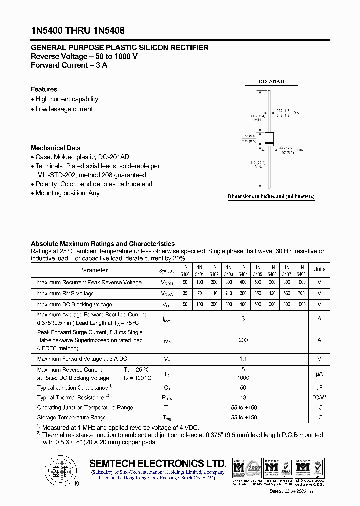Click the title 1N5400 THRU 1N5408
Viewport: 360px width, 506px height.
74,29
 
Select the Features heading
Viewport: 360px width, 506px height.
44,89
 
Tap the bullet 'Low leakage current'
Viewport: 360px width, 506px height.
64,109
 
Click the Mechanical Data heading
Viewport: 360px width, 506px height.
55,148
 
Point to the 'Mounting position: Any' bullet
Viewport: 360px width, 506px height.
67,193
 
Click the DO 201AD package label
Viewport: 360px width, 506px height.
271,81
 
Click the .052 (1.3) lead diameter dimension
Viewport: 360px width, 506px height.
284,111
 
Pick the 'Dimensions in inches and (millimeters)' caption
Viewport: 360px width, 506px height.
271,197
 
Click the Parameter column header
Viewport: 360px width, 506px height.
93,270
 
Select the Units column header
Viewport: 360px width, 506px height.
319,269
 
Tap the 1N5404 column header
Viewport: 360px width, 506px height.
243,270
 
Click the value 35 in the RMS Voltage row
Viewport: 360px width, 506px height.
185,294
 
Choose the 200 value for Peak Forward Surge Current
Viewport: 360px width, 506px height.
243,340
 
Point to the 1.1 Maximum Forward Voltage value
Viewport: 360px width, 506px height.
243,358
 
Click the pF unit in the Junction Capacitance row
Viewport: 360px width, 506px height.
319,388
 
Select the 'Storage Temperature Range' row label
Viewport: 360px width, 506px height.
71,417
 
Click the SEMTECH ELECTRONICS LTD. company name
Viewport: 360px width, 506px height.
158,463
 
